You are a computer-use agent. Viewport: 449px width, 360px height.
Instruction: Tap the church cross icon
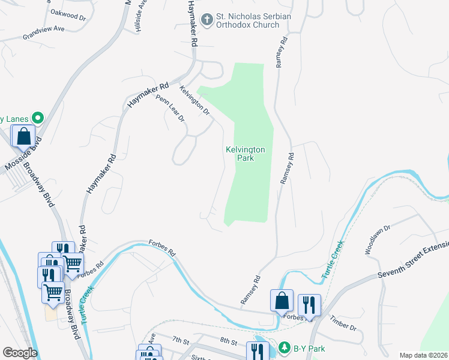pyautogui.click(x=207, y=20)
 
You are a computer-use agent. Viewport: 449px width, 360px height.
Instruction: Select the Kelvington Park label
pyautogui.click(x=245, y=154)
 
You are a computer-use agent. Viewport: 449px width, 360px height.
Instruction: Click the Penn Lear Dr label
pyautogui.click(x=170, y=108)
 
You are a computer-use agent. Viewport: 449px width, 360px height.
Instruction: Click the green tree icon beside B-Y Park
pyautogui.click(x=283, y=347)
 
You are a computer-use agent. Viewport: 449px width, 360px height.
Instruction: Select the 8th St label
pyautogui.click(x=229, y=341)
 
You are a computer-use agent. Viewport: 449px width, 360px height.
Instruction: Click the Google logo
pyautogui.click(x=20, y=353)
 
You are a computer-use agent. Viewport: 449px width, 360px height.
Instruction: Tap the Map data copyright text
pyautogui.click(x=423, y=355)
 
